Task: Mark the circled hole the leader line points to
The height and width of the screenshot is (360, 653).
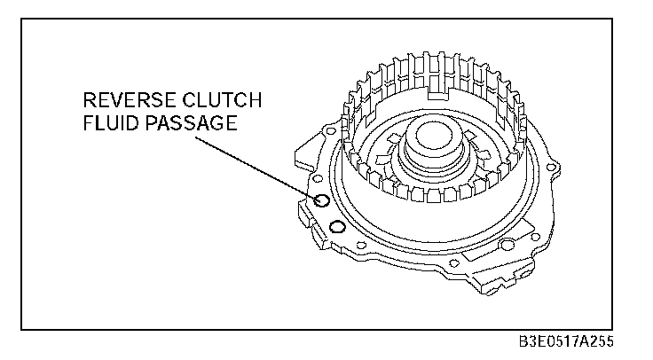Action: tap(322, 202)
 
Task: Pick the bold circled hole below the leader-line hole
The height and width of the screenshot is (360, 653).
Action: tap(336, 229)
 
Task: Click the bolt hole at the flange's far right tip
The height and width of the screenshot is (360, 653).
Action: tap(555, 165)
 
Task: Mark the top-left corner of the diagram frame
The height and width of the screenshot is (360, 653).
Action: tap(21, 18)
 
